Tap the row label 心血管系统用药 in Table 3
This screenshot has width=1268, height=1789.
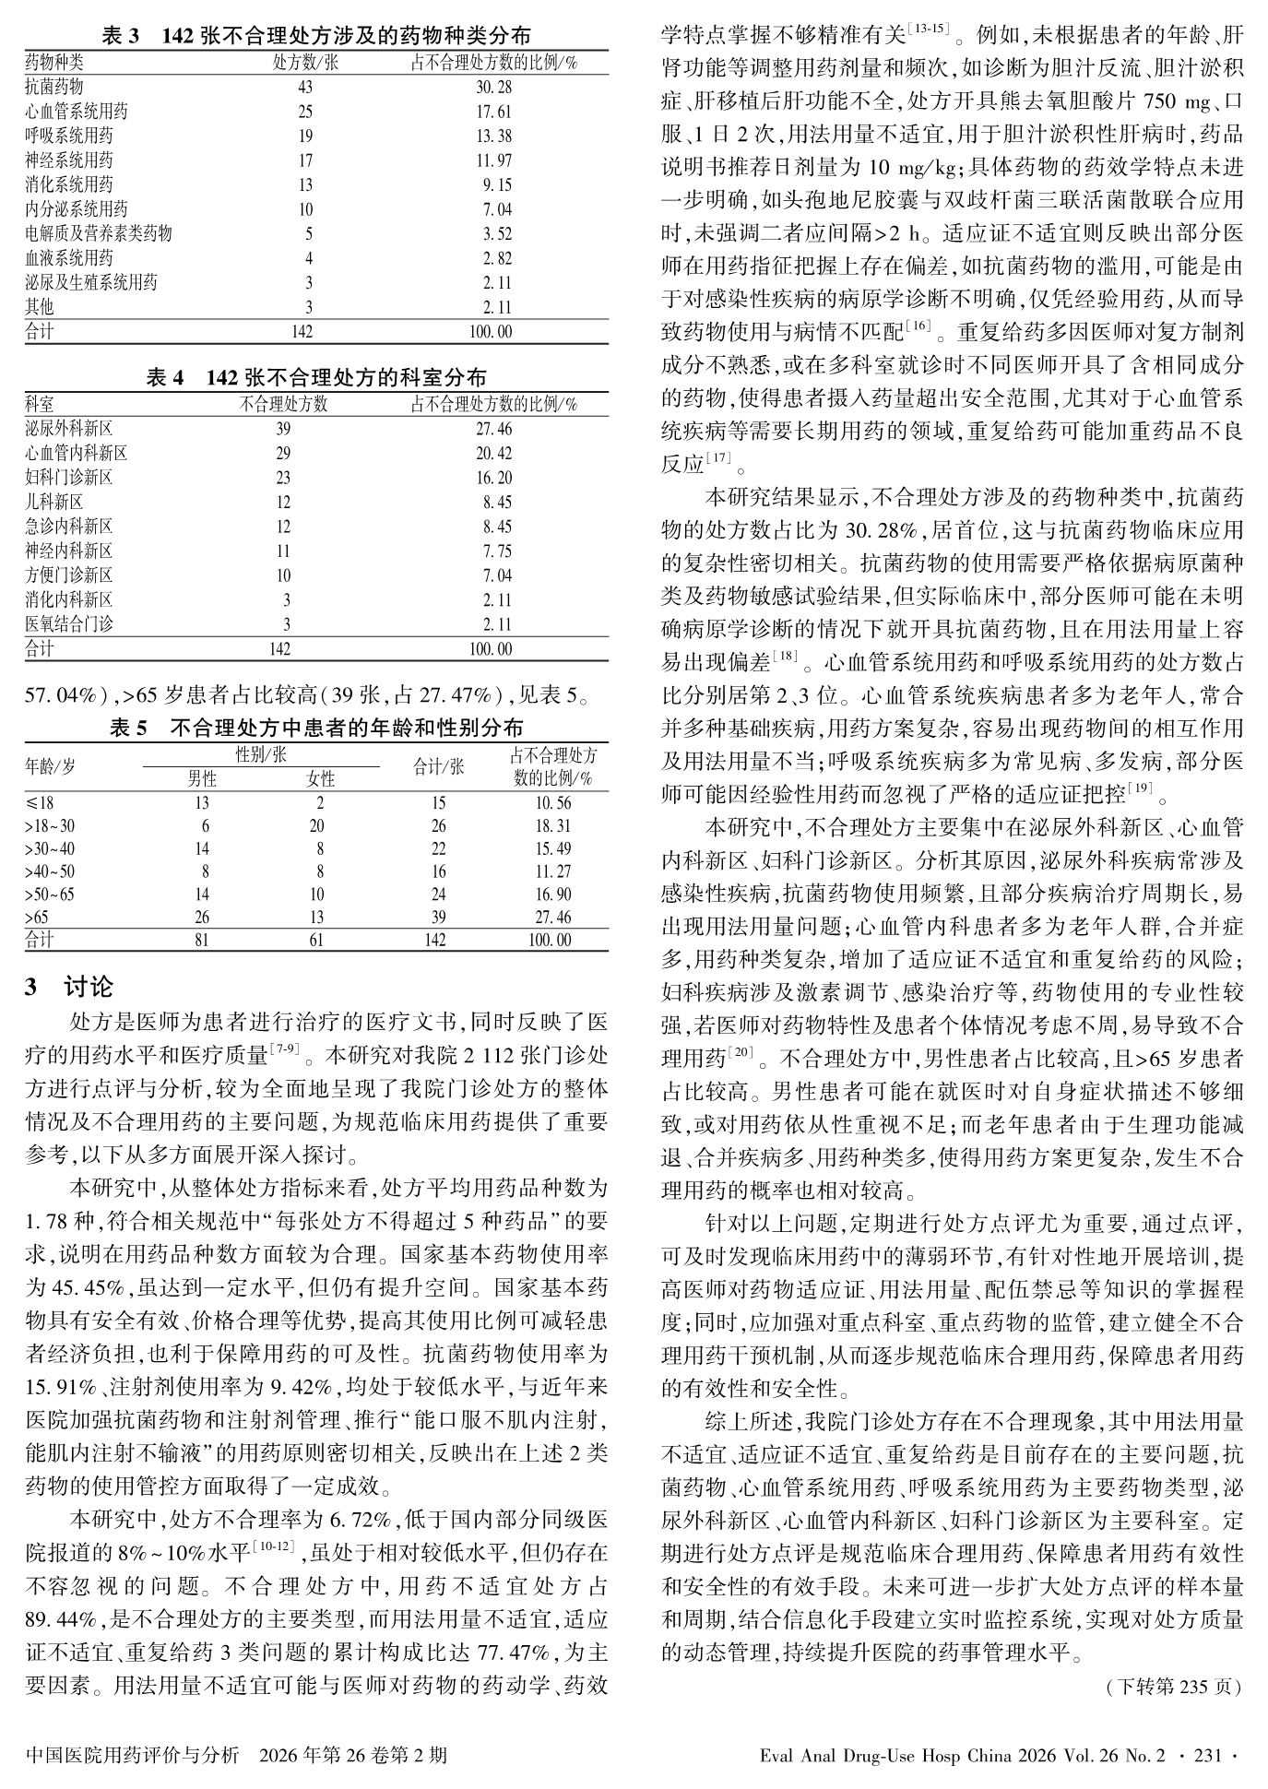point(77,112)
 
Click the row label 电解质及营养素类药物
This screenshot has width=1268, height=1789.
point(98,234)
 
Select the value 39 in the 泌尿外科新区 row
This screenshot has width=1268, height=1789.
point(282,430)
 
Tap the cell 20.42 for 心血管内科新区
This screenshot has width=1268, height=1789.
point(491,454)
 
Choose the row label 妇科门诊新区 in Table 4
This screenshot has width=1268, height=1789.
point(69,478)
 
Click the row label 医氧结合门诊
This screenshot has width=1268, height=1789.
point(69,625)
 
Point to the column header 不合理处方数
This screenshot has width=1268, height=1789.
point(283,404)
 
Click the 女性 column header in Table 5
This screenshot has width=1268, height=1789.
point(320,779)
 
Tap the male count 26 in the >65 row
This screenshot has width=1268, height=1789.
point(201,918)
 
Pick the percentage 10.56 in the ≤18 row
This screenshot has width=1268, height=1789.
point(552,803)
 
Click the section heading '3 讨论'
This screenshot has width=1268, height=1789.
point(69,988)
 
